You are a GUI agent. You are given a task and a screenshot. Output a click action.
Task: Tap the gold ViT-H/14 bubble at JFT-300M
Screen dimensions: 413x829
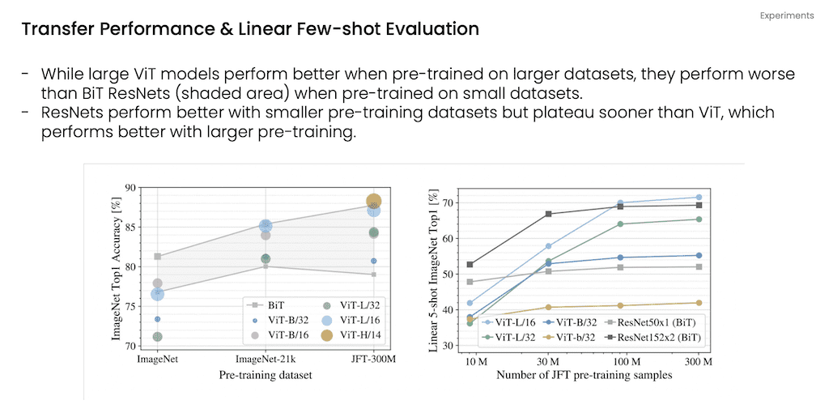(373, 201)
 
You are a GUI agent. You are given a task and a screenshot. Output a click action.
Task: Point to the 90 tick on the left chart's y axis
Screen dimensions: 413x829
(130, 188)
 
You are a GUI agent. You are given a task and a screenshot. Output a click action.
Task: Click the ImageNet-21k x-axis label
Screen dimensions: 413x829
(265, 359)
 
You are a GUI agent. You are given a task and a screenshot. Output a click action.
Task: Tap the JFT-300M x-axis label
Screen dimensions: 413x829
(373, 359)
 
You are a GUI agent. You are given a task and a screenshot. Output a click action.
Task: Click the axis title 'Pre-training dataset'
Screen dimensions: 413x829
(265, 375)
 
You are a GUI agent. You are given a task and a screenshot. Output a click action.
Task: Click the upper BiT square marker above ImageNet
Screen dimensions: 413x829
(157, 257)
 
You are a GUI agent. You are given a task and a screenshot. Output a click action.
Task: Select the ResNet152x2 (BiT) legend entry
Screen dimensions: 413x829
(655, 336)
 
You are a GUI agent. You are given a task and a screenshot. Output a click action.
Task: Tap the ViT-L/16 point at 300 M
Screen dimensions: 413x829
(698, 197)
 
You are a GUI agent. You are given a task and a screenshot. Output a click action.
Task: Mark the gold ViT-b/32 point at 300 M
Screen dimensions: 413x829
(698, 303)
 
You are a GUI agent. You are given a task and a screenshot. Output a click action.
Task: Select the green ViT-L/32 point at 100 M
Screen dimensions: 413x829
(620, 224)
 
